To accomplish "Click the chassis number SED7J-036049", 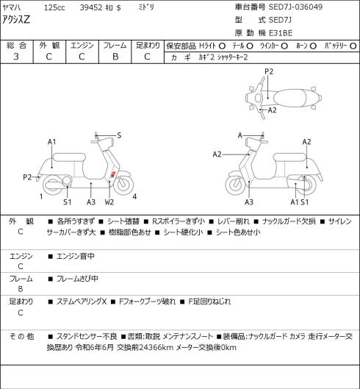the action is [295, 7].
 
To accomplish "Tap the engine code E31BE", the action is [281, 33].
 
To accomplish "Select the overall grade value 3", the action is [16, 57].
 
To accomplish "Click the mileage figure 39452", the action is [91, 7].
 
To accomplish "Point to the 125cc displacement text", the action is [54, 7].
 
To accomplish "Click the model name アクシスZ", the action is [16, 19].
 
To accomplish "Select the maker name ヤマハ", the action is [12, 7].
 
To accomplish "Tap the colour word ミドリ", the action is [146, 7].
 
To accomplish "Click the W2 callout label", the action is [109, 202].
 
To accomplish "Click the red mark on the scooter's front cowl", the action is [112, 174].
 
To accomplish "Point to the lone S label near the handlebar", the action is [119, 135].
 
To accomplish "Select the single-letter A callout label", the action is [240, 135].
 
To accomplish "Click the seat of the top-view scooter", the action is [290, 98].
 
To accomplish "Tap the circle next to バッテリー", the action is [353, 46].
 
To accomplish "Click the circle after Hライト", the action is [222, 46].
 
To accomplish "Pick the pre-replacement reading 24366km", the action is [156, 348].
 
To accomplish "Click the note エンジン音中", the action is [76, 256].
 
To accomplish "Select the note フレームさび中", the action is [77, 279].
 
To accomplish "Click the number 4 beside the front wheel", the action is [134, 196].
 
